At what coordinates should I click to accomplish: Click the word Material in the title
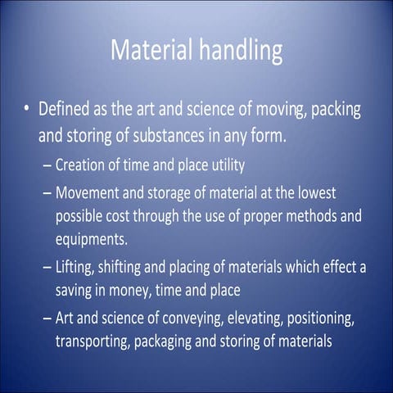coord(150,50)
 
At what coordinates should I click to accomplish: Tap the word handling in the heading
coord(238,52)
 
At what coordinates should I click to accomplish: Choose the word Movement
coord(93,192)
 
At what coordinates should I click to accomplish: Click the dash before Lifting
coord(46,267)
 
